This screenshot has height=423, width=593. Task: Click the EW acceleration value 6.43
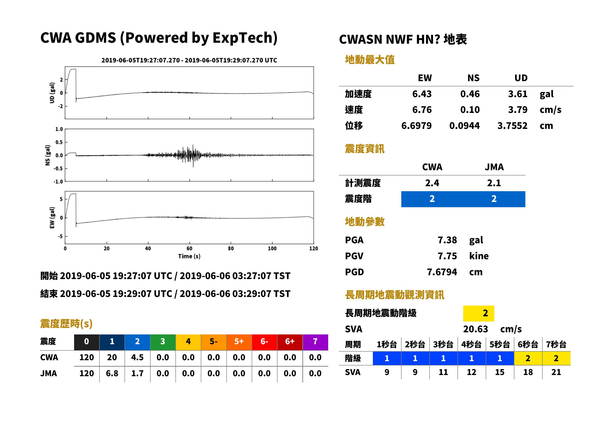tap(422, 94)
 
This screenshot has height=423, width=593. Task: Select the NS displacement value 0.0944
tap(464, 126)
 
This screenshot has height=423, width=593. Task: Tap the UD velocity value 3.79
tap(518, 110)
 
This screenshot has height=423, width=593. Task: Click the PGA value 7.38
tap(447, 240)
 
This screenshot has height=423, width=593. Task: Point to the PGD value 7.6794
tap(442, 272)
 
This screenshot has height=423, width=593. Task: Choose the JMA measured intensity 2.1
tap(494, 183)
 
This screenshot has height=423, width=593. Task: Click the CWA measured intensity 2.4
tap(432, 183)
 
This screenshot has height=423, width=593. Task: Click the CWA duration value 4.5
tap(137, 357)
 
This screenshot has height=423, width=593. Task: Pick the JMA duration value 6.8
tap(112, 373)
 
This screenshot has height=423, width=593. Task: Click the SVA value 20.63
tap(475, 329)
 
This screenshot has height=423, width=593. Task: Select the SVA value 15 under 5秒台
tap(500, 372)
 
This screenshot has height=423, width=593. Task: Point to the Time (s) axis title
tap(189, 256)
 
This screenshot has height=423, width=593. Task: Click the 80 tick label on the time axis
tap(231, 249)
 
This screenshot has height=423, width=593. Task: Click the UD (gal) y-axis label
tap(52, 93)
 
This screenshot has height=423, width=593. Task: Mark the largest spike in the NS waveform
tap(193, 156)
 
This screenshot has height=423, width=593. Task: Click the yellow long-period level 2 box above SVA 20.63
tap(479, 313)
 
